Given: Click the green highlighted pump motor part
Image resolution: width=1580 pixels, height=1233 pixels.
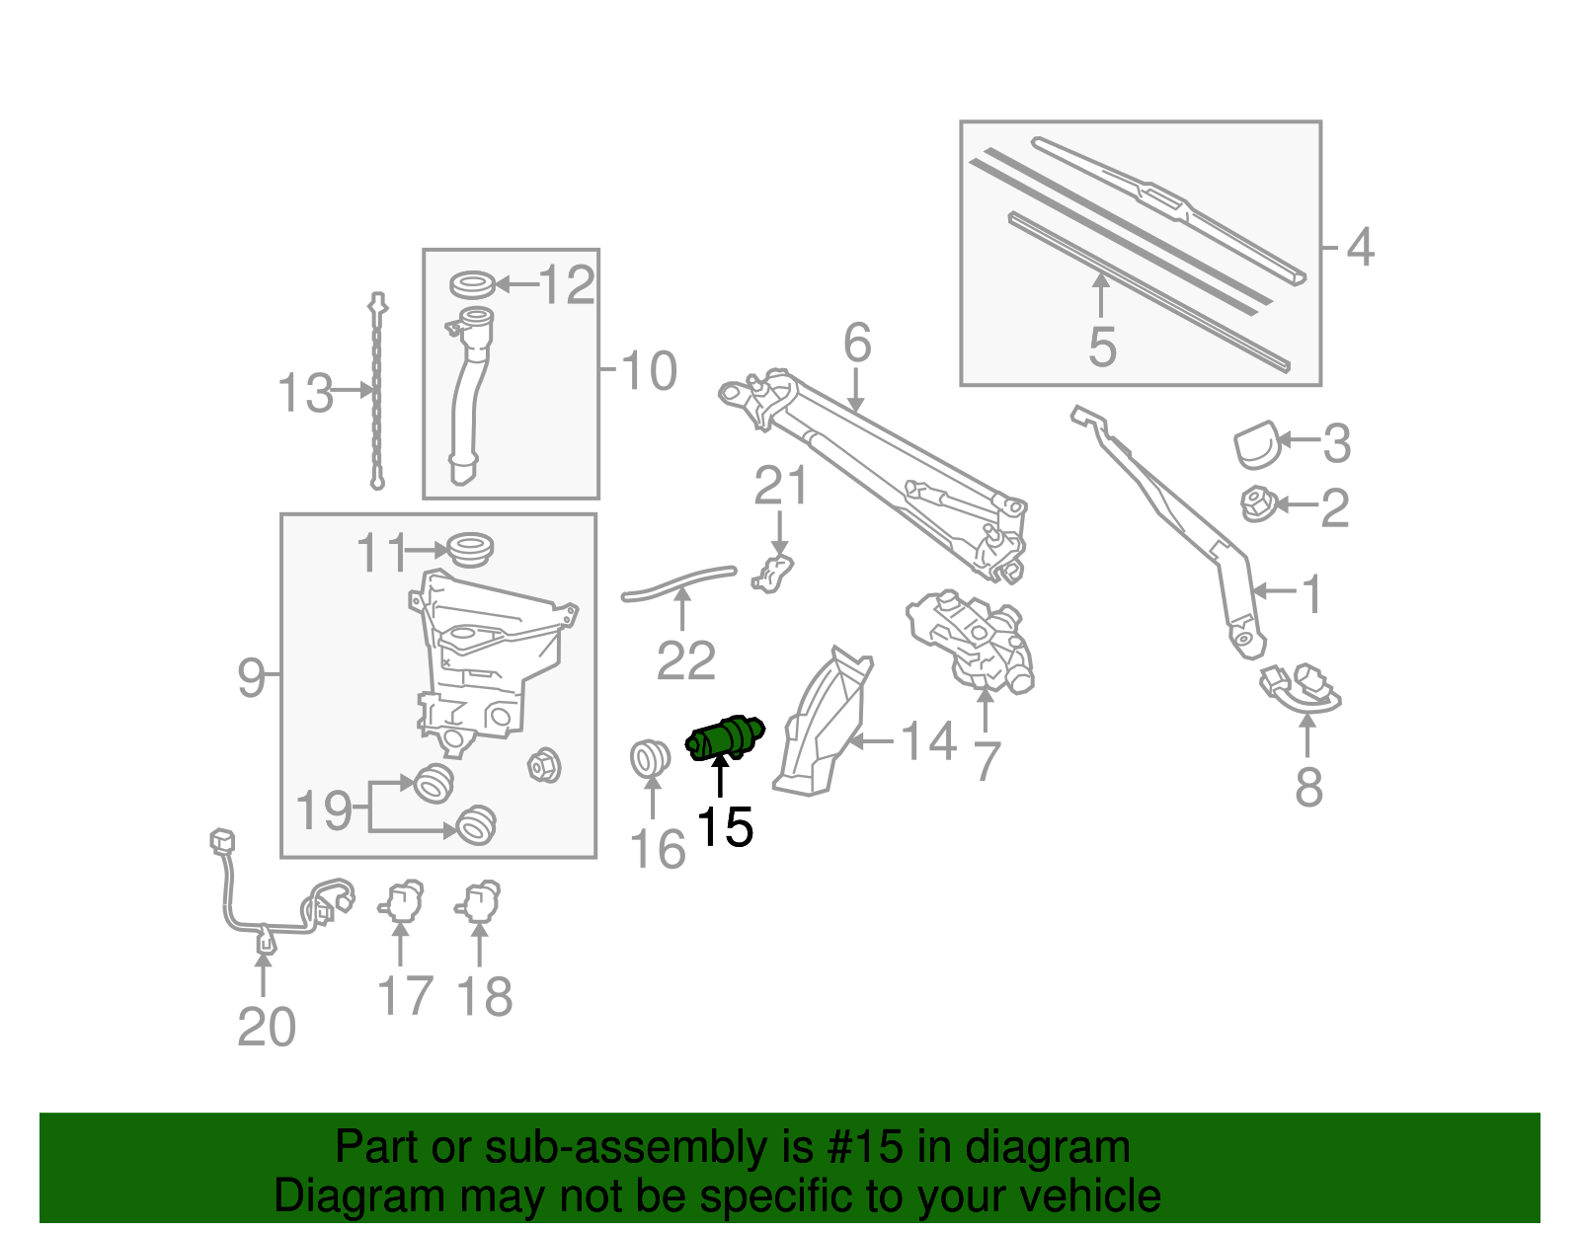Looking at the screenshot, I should [x=724, y=738].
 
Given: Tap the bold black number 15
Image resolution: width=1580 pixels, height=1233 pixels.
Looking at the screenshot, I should [x=724, y=827].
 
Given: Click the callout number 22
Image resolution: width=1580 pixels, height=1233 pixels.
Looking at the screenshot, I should [x=685, y=660].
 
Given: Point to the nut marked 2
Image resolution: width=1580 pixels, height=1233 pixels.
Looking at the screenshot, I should [x=1257, y=503].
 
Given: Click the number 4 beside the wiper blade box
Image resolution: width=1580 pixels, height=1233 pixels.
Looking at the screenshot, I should [x=1360, y=247].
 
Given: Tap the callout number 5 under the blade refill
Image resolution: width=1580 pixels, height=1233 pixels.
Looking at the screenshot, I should [x=1102, y=347].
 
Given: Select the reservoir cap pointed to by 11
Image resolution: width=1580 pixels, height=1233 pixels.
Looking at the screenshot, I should [x=470, y=548].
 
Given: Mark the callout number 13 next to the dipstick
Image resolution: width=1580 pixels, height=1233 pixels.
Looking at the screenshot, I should [x=305, y=393].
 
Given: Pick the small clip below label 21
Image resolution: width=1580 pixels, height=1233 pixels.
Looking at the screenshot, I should [x=772, y=573].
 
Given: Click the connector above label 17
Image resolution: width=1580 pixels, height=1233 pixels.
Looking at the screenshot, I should [x=401, y=901].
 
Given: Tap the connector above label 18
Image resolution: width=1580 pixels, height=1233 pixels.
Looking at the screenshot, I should [x=480, y=900].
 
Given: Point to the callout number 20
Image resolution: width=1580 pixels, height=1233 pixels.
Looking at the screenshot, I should [x=266, y=1027].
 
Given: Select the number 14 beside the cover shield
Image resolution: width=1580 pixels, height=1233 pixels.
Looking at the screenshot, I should [x=928, y=741].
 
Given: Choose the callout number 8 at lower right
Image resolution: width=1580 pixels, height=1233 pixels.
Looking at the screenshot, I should [x=1308, y=787].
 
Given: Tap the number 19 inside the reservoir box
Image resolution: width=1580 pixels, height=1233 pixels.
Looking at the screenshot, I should [x=324, y=810].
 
